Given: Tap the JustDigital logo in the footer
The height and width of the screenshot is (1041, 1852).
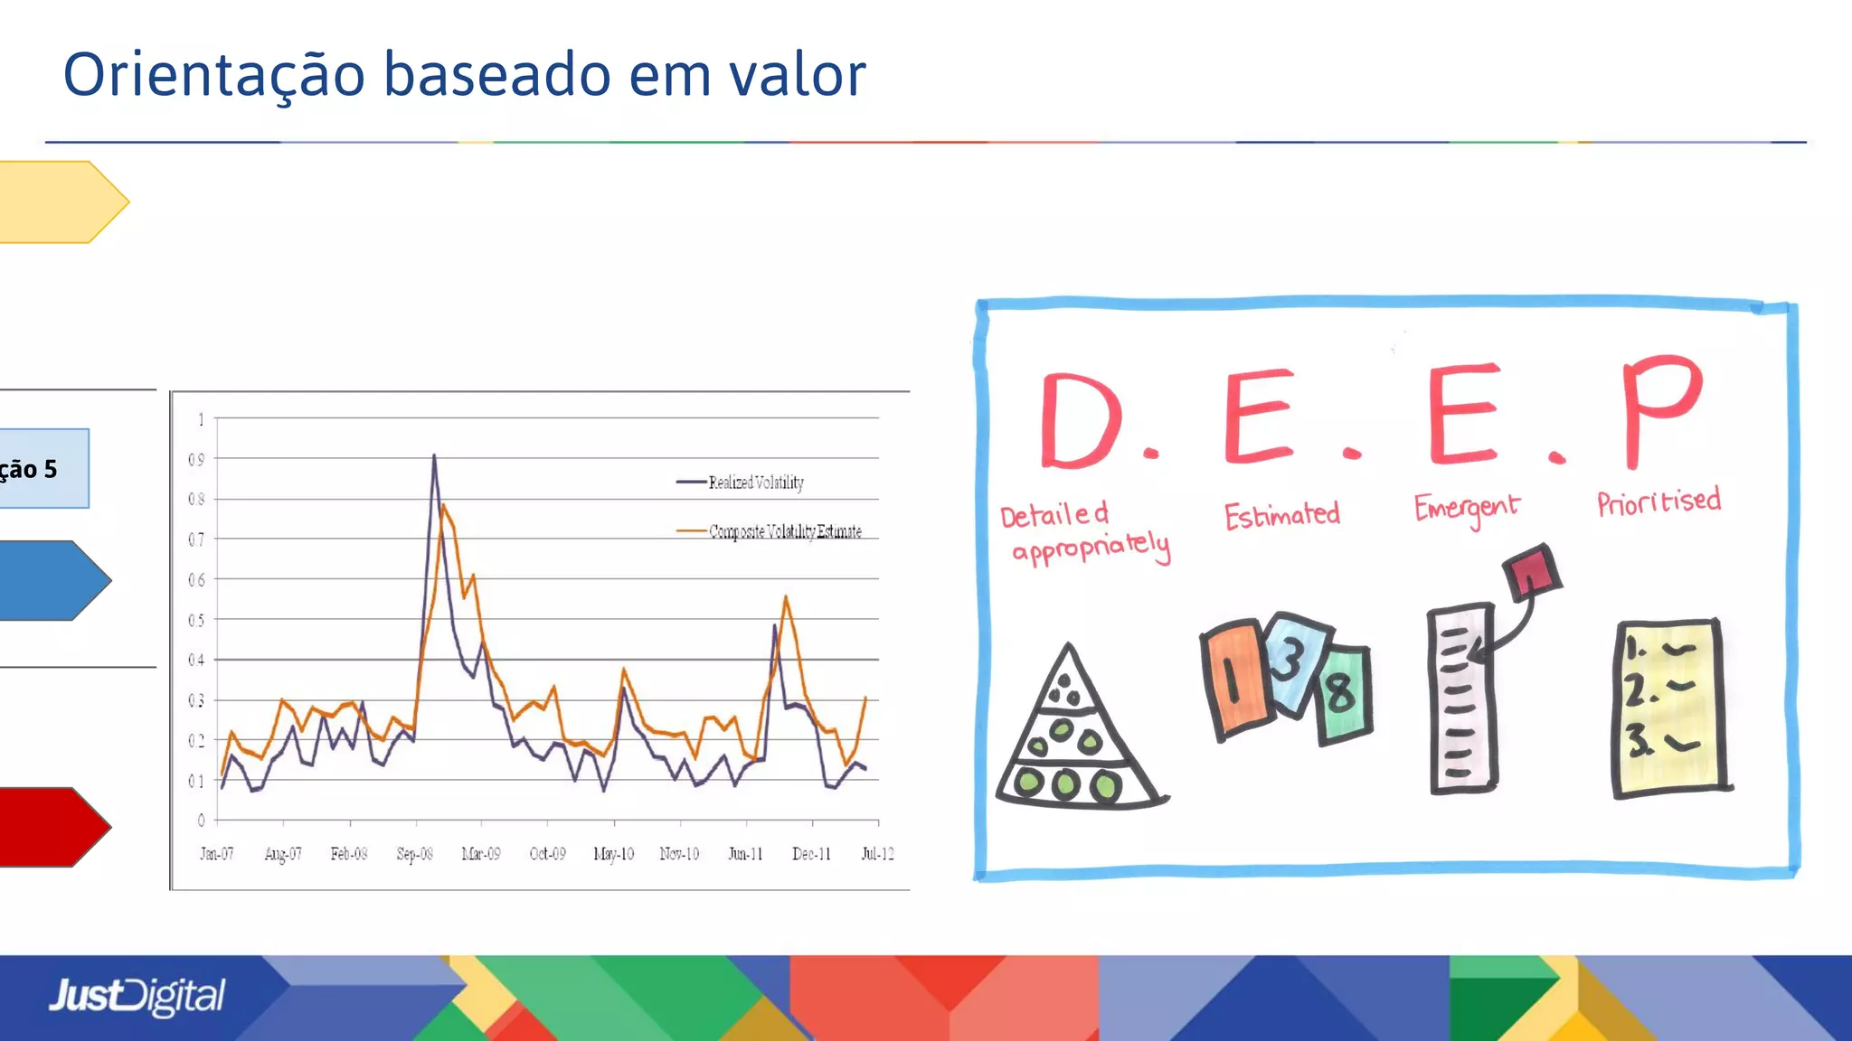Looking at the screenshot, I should coord(137,996).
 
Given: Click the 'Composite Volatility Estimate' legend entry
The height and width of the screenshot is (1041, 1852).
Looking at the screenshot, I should coord(784,531).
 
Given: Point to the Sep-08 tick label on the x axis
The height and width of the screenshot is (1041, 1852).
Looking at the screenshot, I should coord(415,854).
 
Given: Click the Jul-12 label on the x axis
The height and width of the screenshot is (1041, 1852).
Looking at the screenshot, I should coord(877,854).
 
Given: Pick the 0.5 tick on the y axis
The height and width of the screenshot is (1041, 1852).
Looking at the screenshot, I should coord(196,620).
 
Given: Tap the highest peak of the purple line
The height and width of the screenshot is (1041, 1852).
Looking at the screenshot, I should coord(434,456).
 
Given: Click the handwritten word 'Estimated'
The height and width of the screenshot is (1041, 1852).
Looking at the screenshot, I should coord(1281,515).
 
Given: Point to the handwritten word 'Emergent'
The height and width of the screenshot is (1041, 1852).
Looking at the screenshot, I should coord(1466,509).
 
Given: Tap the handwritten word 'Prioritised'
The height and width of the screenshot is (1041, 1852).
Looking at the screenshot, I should coord(1658,502).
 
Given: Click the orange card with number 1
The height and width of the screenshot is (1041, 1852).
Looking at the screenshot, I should coord(1234,678).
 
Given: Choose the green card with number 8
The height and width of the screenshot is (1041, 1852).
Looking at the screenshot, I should coord(1344,694).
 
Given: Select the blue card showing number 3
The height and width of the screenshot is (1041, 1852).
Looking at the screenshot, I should coord(1293,660).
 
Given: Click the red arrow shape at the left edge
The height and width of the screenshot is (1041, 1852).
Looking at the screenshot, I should coord(50,826).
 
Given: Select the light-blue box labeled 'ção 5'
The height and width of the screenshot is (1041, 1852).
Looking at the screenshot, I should coord(41,468).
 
